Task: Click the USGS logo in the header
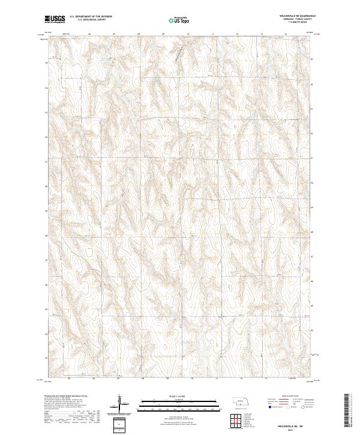tap(55, 19)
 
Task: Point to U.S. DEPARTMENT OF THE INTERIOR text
tap(91, 17)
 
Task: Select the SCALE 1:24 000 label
tap(180, 395)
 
